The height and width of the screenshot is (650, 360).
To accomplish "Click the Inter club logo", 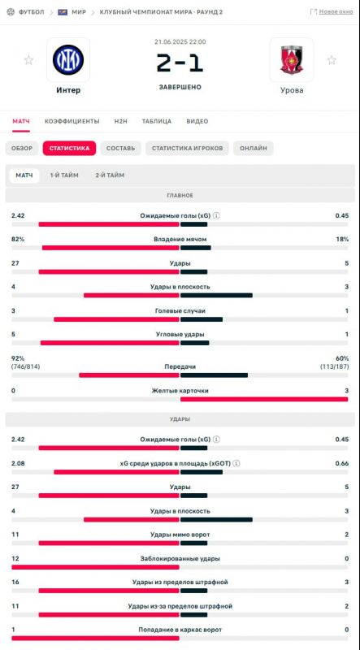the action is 68,59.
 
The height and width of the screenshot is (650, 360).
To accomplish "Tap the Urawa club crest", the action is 292,59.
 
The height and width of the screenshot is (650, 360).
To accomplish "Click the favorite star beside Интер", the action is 28,60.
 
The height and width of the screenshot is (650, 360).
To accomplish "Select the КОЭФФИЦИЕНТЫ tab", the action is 72,121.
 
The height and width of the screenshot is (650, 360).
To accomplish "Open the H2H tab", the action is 121,121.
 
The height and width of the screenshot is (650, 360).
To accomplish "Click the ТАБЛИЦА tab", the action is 157,121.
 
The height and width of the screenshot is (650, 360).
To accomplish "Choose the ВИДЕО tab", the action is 197,121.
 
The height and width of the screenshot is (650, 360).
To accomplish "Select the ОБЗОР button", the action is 22,149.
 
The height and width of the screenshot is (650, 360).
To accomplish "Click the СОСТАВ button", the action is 121,149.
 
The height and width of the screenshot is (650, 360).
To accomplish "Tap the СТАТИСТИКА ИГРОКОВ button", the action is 187,149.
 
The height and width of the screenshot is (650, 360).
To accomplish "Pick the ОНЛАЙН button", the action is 253,149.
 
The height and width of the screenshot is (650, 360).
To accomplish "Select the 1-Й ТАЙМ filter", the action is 64,175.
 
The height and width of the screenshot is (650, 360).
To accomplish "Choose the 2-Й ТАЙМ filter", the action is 110,175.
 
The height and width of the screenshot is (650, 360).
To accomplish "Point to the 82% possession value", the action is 18,239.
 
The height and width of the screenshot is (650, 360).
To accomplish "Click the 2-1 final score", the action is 180,63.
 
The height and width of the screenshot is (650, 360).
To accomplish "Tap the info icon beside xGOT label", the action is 236,463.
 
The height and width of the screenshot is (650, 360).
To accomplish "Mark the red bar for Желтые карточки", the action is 264,399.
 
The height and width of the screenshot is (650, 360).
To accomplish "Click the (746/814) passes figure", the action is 26,366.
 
